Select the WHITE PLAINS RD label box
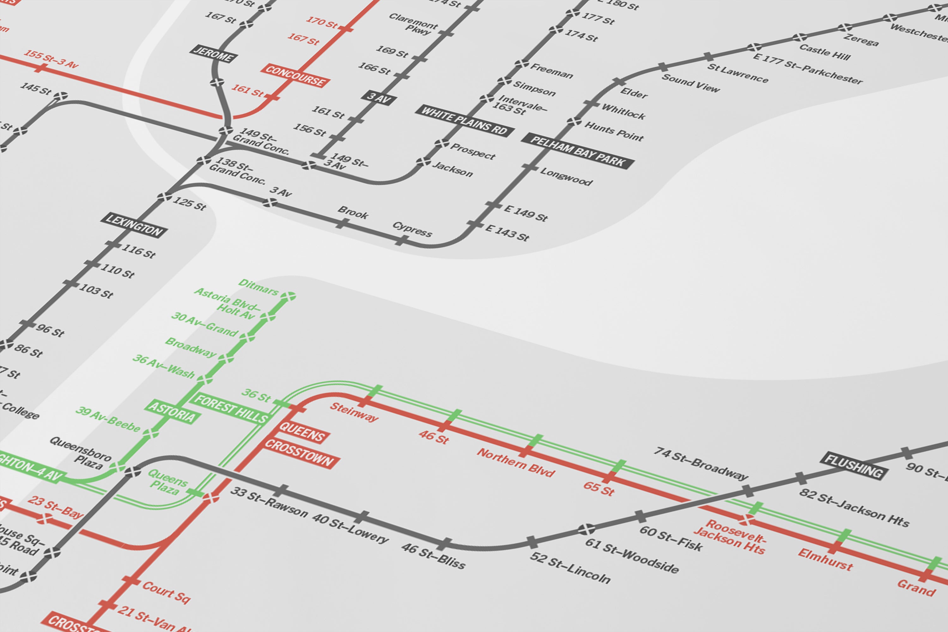(464, 120)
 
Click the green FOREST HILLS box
(231, 408)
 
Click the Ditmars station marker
(288, 296)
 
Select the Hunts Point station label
(614, 131)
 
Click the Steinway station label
(354, 411)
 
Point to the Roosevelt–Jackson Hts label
(730, 537)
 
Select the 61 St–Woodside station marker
(586, 529)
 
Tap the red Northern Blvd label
(516, 462)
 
